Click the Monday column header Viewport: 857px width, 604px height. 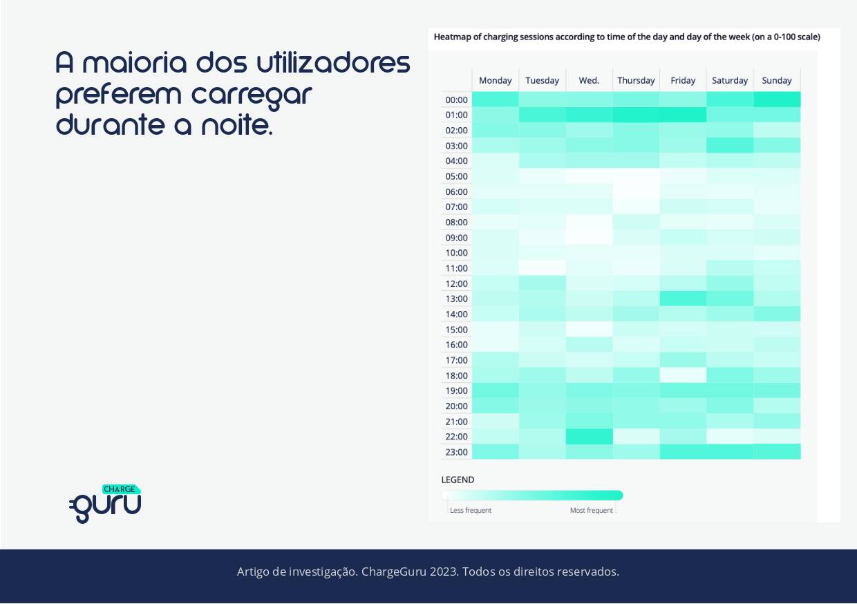[495, 80]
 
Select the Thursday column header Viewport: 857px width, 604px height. [636, 80]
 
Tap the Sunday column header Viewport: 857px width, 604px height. [777, 80]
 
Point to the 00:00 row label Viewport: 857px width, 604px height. [456, 100]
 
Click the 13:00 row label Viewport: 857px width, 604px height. [456, 299]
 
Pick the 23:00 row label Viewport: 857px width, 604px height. [456, 452]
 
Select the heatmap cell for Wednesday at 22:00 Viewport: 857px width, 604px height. [589, 437]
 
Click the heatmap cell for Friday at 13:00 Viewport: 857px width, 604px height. [683, 299]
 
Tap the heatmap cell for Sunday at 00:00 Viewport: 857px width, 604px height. [777, 100]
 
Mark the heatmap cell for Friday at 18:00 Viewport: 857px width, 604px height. [683, 375]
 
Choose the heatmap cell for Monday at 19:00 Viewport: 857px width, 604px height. [495, 390]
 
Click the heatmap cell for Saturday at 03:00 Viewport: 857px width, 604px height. [730, 145]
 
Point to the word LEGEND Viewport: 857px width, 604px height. [458, 480]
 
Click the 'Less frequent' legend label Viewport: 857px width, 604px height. [471, 511]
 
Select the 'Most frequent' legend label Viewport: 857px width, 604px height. [591, 511]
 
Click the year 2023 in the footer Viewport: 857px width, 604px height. [442, 572]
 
